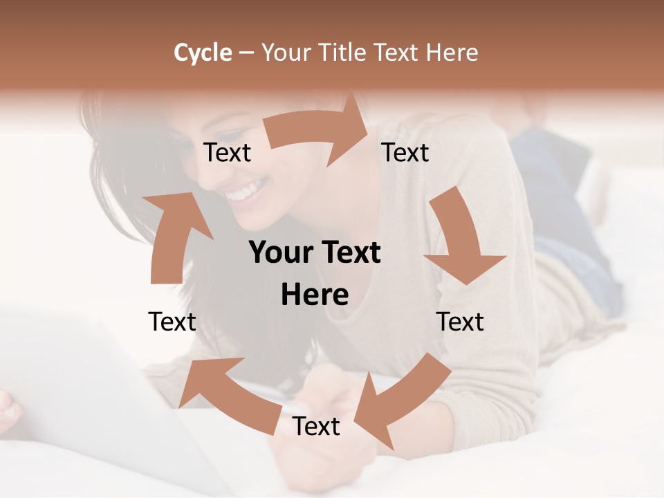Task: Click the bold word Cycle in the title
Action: point(203,53)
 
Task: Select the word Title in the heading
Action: point(342,53)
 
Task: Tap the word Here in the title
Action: point(452,53)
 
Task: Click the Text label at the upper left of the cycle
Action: point(228,153)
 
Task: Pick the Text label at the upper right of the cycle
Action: point(405,153)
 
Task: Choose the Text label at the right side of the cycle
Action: point(460,322)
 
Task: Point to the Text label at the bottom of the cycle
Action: point(316,426)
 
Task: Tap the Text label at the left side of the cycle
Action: point(172,322)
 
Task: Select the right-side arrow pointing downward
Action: point(461,239)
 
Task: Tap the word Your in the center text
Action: point(277,253)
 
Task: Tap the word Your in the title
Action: point(286,53)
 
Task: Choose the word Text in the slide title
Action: point(398,53)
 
